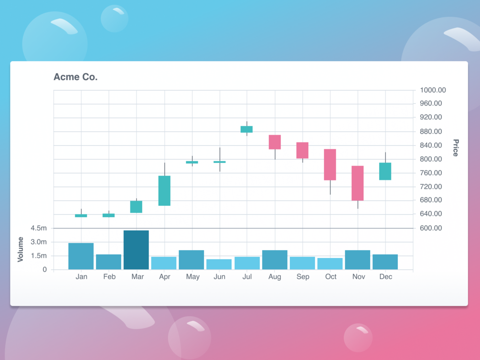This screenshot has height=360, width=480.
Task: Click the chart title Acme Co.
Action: pos(75,77)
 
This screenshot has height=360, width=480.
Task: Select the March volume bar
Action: pos(136,250)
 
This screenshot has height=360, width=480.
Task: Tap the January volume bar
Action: pos(81,256)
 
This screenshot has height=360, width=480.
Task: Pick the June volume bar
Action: pos(219,265)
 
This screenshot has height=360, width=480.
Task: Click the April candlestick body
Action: pos(164,191)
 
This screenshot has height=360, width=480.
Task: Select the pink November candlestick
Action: pos(358,183)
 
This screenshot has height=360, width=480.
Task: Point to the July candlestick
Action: pos(246,129)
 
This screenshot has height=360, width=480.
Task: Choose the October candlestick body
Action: pos(330,164)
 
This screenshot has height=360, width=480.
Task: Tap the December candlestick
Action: pos(385,171)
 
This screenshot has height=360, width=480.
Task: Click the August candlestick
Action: pos(275,142)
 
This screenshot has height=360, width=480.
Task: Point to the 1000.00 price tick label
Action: pos(433,90)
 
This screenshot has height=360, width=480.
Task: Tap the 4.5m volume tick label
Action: pos(39,228)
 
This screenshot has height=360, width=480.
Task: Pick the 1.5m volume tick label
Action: pos(39,256)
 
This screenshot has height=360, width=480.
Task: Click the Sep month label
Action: pos(303,277)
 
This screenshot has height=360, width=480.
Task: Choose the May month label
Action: pos(192,277)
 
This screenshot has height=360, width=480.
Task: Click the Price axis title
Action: pos(456,148)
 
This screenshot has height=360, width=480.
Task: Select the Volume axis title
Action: pos(21,249)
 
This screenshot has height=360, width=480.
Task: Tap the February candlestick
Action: pos(109,215)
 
